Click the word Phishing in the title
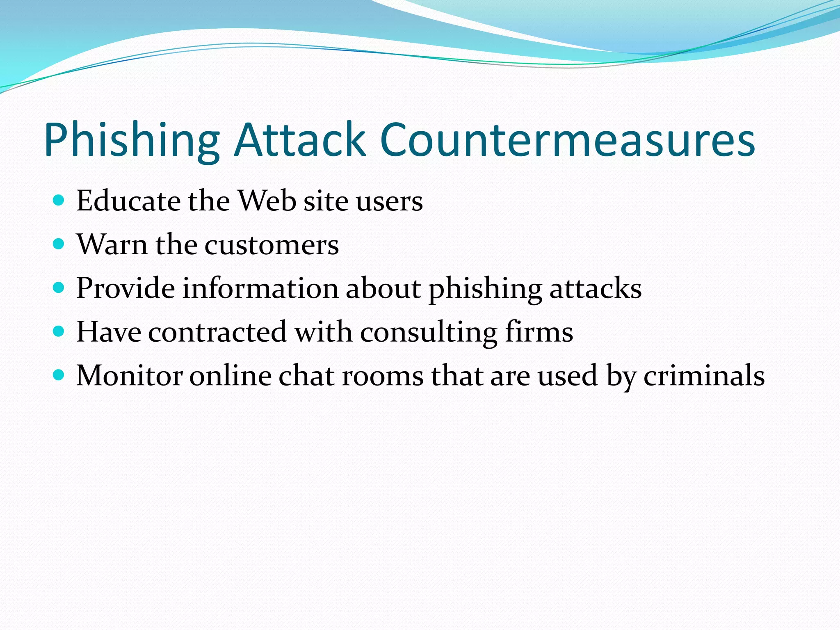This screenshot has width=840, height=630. coord(132,140)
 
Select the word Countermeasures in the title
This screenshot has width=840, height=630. coord(568,140)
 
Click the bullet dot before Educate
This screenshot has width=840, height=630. coord(59,200)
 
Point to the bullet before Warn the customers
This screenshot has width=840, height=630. coord(59,244)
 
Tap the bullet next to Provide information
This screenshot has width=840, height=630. coord(59,288)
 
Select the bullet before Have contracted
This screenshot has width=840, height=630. coord(59,331)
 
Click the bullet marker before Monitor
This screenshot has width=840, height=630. coord(59,375)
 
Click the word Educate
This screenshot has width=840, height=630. coord(128,201)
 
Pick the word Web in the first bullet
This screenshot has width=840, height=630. coord(267,201)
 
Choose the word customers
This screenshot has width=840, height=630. coord(272,245)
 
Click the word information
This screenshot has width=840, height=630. coord(260,288)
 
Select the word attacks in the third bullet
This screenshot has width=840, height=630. coord(595,288)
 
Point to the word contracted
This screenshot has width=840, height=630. coord(217,332)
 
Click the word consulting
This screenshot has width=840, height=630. coord(428,333)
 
